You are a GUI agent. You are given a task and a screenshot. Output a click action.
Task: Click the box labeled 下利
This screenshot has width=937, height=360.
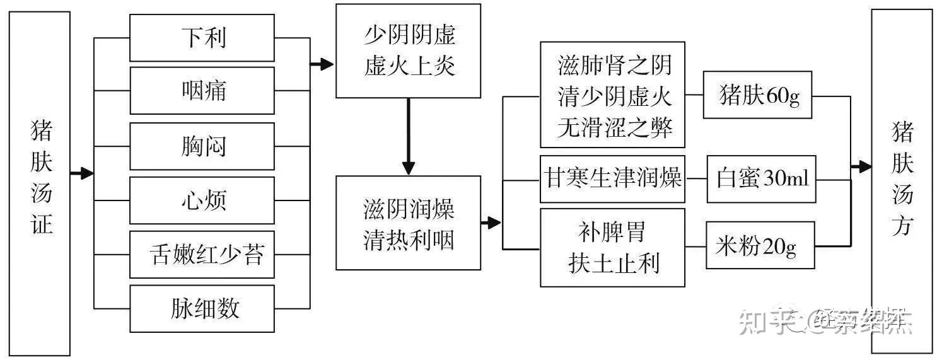click(x=202, y=38)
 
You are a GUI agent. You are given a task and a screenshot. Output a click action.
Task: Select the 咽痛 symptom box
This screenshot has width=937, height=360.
click(x=202, y=91)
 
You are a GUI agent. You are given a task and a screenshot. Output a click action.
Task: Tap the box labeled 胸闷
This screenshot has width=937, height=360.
click(x=202, y=146)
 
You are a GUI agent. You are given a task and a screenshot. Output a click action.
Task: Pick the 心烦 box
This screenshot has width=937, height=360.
click(x=202, y=200)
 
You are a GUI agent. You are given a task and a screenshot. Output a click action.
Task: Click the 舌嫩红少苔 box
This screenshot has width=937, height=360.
click(x=202, y=255)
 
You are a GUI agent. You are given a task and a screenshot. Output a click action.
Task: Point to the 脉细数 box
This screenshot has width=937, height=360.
click(x=202, y=308)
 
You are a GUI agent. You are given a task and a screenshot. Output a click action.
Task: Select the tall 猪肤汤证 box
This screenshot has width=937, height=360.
click(x=40, y=183)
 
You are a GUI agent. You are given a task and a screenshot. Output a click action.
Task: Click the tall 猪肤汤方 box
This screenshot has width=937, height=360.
click(x=902, y=181)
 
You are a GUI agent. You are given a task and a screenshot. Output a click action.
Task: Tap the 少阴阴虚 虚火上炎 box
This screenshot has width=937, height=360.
click(x=408, y=51)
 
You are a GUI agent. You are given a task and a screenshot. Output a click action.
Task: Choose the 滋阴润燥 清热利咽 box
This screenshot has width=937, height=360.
click(x=408, y=223)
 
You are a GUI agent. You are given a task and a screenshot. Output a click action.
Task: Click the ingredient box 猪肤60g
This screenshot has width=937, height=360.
click(x=757, y=95)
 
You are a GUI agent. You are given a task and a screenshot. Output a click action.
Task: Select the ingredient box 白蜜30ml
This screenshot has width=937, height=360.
click(x=761, y=179)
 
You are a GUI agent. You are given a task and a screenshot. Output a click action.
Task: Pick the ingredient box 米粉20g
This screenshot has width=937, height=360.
click(x=760, y=246)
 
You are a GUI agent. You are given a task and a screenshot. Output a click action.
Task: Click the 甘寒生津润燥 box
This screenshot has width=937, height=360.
click(x=612, y=179)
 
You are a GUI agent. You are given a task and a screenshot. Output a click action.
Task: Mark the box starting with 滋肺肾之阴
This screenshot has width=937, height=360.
click(x=612, y=95)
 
